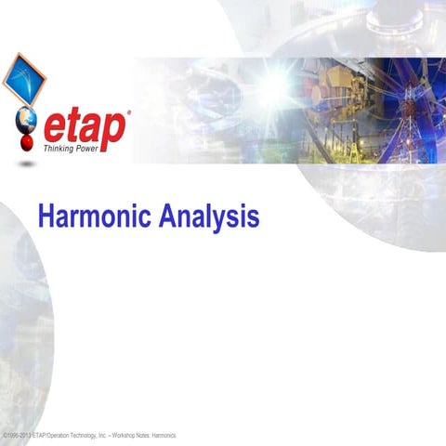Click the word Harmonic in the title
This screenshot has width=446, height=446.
[95, 216]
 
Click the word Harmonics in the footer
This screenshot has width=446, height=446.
[164, 435]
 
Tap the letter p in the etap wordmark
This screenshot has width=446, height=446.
[115, 127]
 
